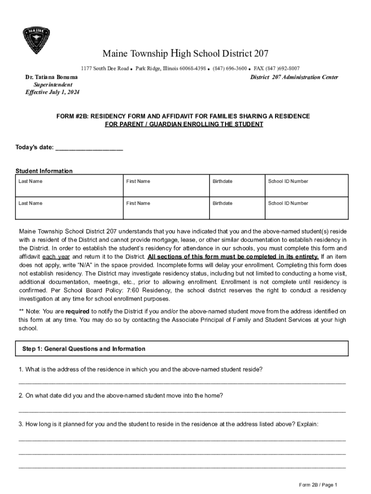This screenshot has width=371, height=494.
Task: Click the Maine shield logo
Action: click(x=36, y=41)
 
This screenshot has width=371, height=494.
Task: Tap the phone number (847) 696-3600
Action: click(x=230, y=69)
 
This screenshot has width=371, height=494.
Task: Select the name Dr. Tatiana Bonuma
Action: click(x=52, y=77)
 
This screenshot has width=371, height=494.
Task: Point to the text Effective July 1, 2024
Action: click(x=53, y=92)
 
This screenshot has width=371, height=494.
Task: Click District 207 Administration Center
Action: click(x=294, y=77)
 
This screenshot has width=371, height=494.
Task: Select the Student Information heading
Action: click(x=44, y=171)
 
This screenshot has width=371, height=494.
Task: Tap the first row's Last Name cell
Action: click(x=69, y=185)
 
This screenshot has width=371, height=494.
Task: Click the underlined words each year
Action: click(x=56, y=257)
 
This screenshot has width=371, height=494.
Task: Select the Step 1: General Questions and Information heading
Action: click(x=84, y=349)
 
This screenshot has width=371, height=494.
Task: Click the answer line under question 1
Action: click(x=182, y=383)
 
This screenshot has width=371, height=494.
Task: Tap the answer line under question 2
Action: click(x=182, y=411)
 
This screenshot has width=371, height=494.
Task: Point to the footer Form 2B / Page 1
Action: click(x=318, y=485)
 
